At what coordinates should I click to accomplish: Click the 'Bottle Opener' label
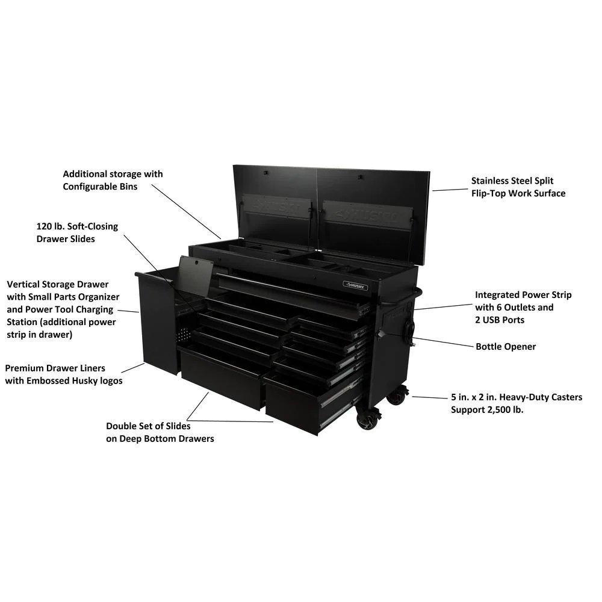pos(505,347)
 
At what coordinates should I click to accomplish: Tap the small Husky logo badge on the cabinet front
pos(356,285)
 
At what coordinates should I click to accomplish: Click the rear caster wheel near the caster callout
pos(398,396)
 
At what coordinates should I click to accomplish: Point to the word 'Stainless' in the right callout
pos(492,181)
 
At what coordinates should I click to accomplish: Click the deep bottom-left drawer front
pos(223,378)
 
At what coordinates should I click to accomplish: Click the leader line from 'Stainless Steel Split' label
pos(450,190)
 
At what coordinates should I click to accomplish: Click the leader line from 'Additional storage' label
pos(186,211)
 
